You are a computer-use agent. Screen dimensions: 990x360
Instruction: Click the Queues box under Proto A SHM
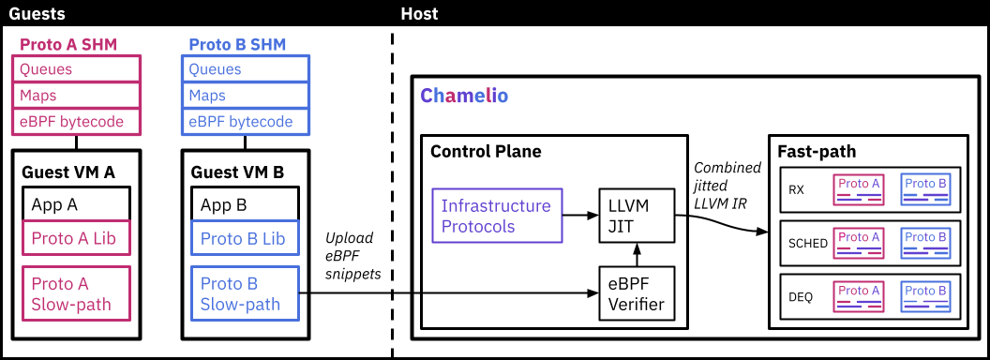[x=76, y=68]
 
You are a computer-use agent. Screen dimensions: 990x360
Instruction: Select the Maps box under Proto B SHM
[x=246, y=96]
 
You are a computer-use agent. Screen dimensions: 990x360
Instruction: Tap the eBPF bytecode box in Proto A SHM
[x=76, y=121]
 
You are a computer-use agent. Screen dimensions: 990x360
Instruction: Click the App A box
[x=76, y=204]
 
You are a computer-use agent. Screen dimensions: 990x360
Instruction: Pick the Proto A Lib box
[x=76, y=238]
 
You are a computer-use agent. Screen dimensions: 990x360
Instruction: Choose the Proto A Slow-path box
[x=76, y=293]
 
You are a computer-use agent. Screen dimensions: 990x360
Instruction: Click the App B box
[x=246, y=204]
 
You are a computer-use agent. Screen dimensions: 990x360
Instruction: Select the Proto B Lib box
[x=246, y=238]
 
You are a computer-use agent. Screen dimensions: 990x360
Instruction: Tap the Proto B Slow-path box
[x=246, y=293]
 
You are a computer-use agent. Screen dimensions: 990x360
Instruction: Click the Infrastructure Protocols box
[x=497, y=216]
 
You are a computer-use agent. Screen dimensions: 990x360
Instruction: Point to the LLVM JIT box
[x=637, y=216]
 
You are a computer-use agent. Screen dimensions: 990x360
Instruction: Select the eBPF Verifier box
[x=637, y=293]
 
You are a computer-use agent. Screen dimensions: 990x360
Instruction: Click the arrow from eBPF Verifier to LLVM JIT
[x=637, y=255]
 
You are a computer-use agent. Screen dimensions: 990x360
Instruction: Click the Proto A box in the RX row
[x=858, y=189]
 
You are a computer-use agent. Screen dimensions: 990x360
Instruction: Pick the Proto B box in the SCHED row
[x=925, y=243]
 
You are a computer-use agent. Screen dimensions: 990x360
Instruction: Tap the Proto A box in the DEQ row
[x=858, y=296]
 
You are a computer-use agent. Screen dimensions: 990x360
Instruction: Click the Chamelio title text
[x=464, y=97]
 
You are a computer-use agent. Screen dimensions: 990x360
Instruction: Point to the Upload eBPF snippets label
[x=352, y=256]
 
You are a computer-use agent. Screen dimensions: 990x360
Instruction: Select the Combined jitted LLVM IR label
[x=727, y=186]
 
